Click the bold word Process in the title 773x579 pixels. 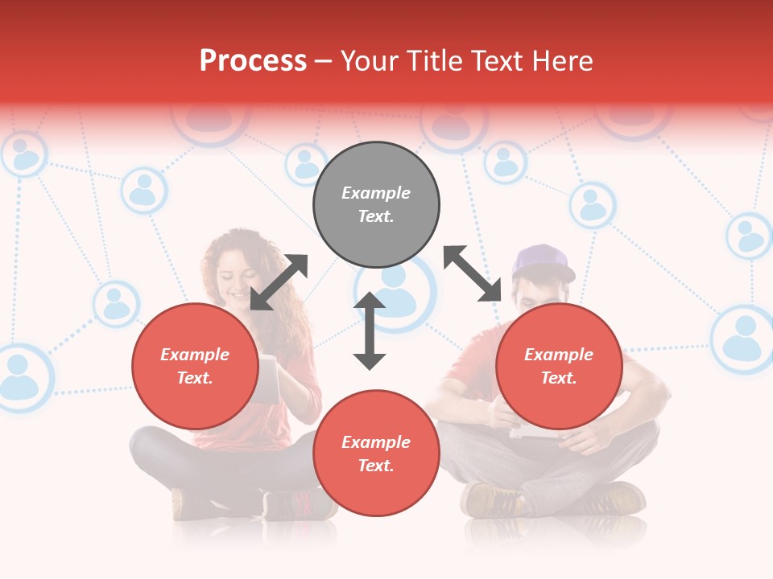[x=253, y=61]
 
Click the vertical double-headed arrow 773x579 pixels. [x=370, y=331]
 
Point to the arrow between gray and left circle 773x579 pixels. [x=279, y=281]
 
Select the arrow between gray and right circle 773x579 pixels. [x=473, y=273]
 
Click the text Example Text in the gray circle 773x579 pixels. [x=376, y=204]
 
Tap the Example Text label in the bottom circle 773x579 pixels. [x=376, y=454]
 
